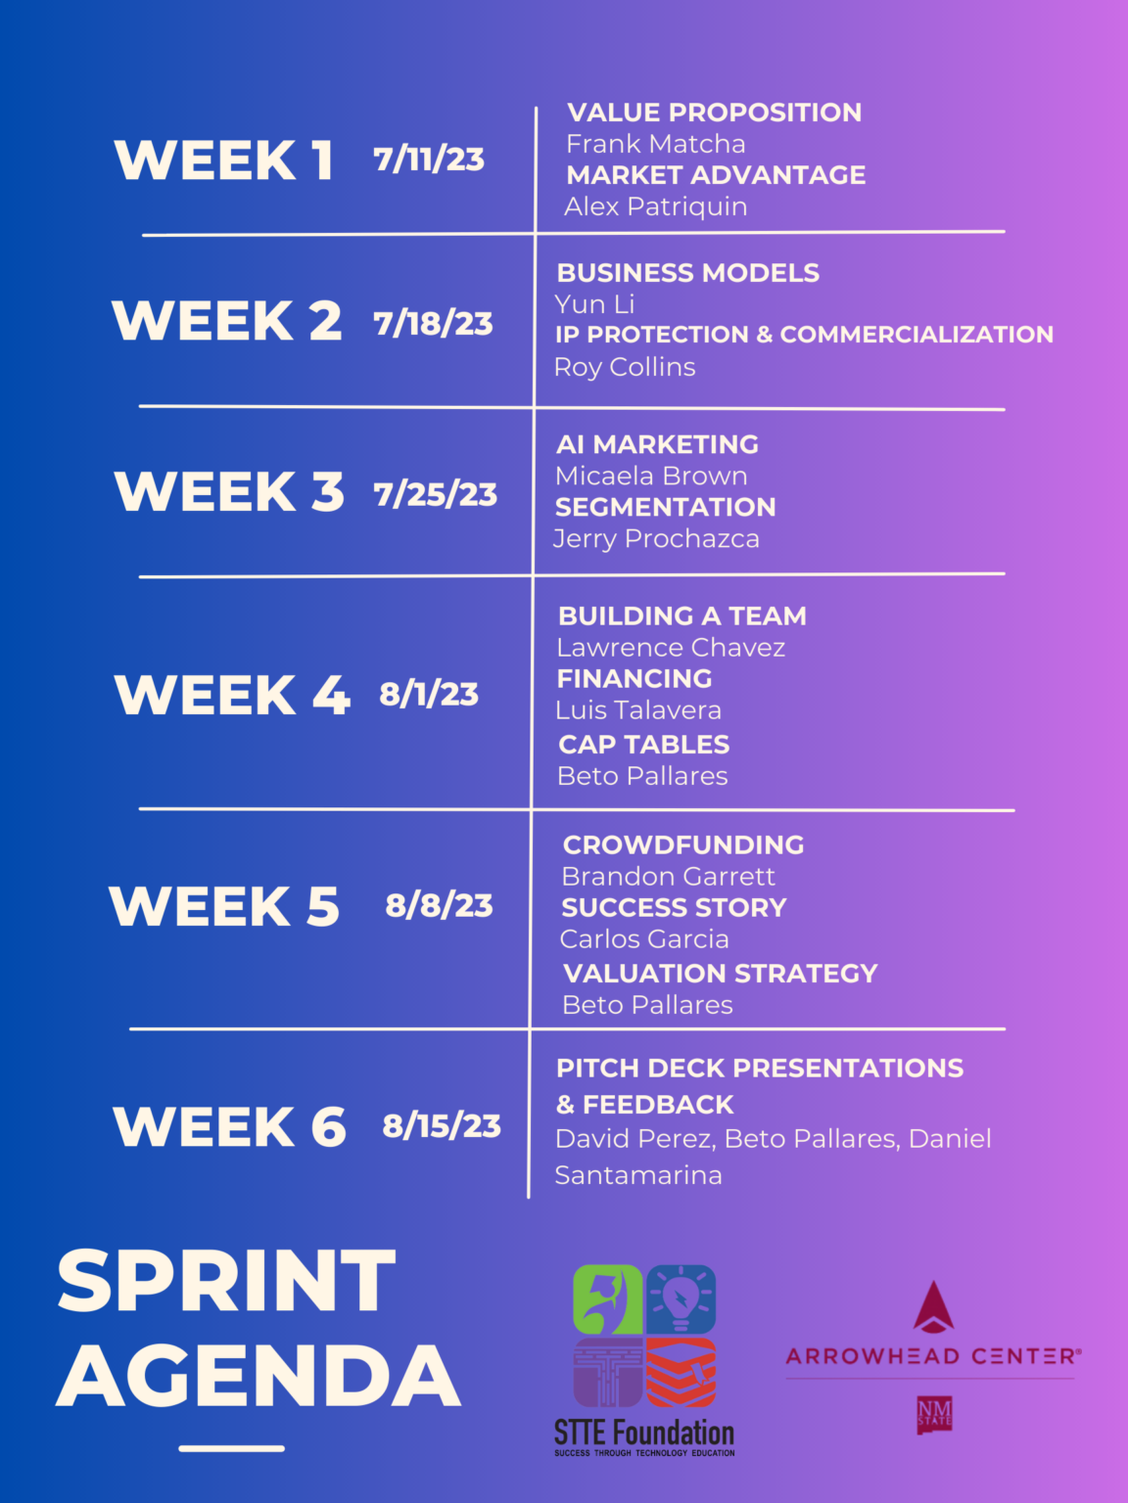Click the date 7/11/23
[x=429, y=159]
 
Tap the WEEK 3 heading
[x=229, y=491]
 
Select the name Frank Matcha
[x=655, y=144]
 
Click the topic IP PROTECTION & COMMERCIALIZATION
[x=804, y=334]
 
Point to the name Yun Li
[x=594, y=303]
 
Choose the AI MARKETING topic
[x=657, y=444]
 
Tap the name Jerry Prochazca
[x=656, y=538]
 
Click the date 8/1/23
[x=429, y=695]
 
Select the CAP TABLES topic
[x=643, y=745]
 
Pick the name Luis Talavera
[x=638, y=710]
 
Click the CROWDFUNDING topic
[x=683, y=845]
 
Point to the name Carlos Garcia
[x=644, y=938]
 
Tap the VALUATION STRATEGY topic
[x=721, y=973]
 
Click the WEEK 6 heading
[x=229, y=1126]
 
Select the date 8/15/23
[x=441, y=1126]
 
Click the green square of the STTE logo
[x=607, y=1298]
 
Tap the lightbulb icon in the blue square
[x=681, y=1298]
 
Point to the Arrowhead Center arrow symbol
[x=933, y=1307]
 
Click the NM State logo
[x=934, y=1415]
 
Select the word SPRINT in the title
[x=226, y=1280]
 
